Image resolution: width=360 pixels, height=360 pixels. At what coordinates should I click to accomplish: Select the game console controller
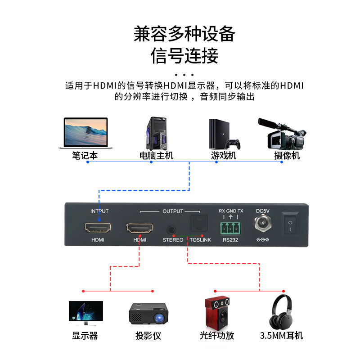(x=233, y=144)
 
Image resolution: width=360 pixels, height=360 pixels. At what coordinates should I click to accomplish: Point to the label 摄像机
(x=287, y=156)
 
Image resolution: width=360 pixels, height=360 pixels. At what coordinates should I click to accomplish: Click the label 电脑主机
(x=156, y=156)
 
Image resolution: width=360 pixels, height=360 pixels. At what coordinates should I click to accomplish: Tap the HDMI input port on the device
(x=98, y=228)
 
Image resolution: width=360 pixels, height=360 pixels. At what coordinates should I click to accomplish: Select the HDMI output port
(x=140, y=228)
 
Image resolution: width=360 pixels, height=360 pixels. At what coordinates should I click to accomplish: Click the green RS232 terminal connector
(x=230, y=227)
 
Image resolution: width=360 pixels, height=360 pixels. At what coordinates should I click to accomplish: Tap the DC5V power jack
(x=262, y=224)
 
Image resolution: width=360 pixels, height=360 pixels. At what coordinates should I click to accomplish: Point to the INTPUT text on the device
(x=99, y=211)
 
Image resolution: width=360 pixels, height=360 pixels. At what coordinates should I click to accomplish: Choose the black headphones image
(x=282, y=312)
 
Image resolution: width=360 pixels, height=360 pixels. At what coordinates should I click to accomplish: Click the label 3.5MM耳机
(x=282, y=336)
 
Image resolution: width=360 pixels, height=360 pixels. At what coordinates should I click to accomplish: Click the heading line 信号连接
(x=184, y=56)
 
